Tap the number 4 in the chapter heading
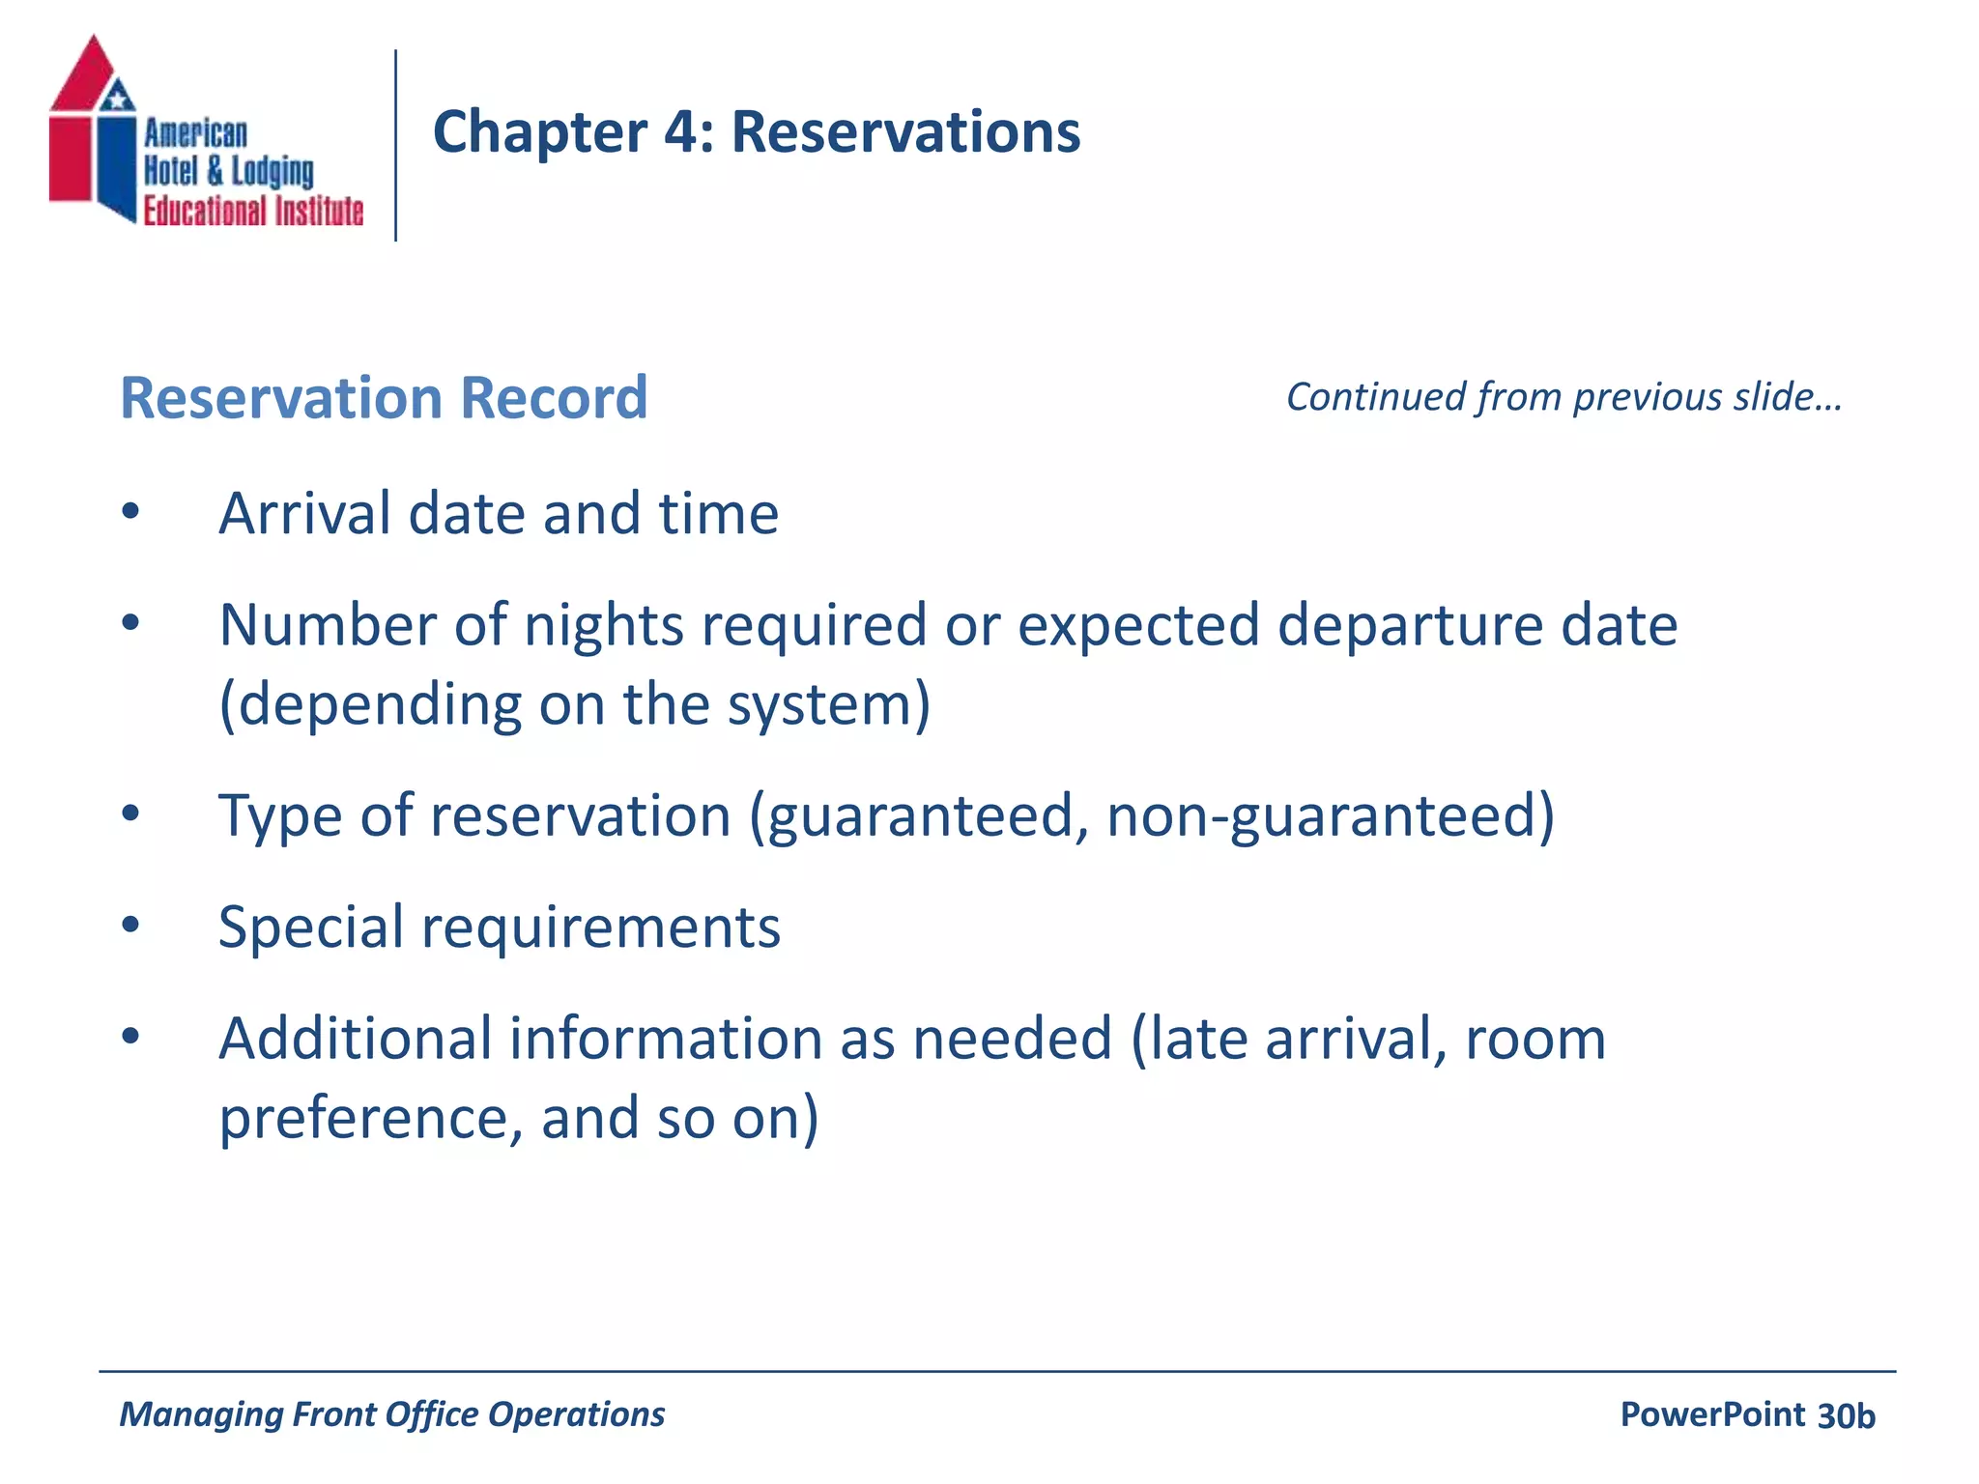pos(683,132)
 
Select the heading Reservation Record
pos(384,398)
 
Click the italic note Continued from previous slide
pos(1563,397)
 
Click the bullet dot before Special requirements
pos(131,926)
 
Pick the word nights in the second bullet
pos(604,625)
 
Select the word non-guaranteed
pos(1330,816)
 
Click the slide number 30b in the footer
pos(1846,1415)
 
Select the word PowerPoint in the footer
pos(1712,1414)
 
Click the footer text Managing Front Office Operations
pos(391,1414)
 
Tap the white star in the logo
pos(118,97)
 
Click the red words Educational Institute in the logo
pos(253,211)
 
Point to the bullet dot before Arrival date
pos(131,512)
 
